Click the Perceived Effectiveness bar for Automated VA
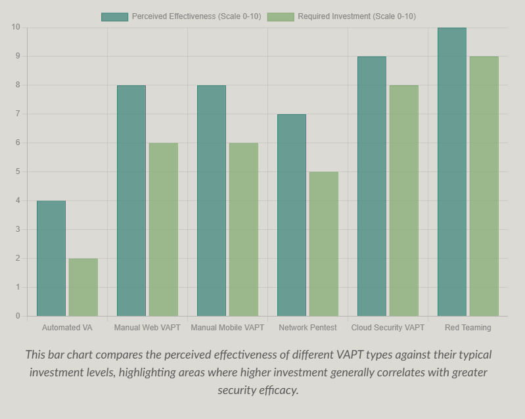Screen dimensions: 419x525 tap(51, 258)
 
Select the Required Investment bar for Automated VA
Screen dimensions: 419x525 tap(83, 287)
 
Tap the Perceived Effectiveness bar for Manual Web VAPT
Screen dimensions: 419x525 tap(131, 200)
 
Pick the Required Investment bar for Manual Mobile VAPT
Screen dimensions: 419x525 tap(243, 229)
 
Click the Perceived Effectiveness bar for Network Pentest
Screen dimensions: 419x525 tap(292, 215)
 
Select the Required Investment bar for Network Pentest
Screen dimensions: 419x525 tap(324, 244)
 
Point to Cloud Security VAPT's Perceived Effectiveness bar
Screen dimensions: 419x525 tap(372, 186)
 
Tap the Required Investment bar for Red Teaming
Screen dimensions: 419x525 tap(484, 186)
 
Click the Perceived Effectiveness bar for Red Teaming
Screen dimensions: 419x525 tap(452, 171)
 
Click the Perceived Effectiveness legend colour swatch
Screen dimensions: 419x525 tap(114, 16)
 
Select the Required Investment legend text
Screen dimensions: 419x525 tap(356, 16)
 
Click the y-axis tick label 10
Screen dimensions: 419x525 tap(15, 27)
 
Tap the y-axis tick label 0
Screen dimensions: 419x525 tap(17, 316)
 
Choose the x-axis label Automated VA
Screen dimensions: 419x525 tap(67, 327)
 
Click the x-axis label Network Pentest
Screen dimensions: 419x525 tap(308, 327)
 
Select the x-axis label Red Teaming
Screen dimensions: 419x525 tap(468, 327)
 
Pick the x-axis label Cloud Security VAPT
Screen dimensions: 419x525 tap(388, 327)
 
